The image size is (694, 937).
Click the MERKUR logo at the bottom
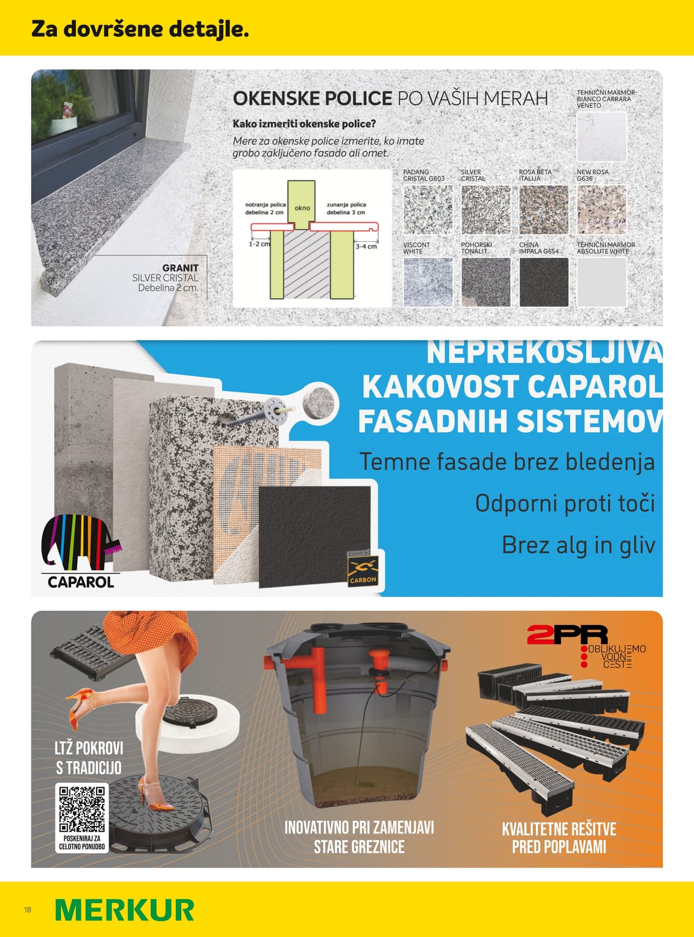point(124,910)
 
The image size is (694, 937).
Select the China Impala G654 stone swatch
point(544,282)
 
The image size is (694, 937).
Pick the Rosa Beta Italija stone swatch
point(544,209)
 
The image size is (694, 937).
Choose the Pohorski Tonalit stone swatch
point(486,282)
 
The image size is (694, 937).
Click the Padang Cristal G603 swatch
point(427,209)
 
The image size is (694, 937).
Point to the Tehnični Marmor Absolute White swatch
point(601,282)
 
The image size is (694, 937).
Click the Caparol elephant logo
point(81,544)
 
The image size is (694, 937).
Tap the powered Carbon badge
point(363,570)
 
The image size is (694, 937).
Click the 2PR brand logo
point(567,635)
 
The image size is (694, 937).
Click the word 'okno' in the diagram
point(302,208)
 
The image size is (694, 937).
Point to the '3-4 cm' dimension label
point(366,246)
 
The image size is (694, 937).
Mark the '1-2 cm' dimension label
point(259,244)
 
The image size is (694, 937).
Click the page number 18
point(28,910)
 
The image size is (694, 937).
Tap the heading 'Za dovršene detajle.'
point(140,29)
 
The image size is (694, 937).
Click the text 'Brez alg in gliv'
point(578,545)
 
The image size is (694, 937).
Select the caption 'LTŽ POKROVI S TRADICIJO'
point(89,758)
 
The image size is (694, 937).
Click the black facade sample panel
point(315,535)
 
